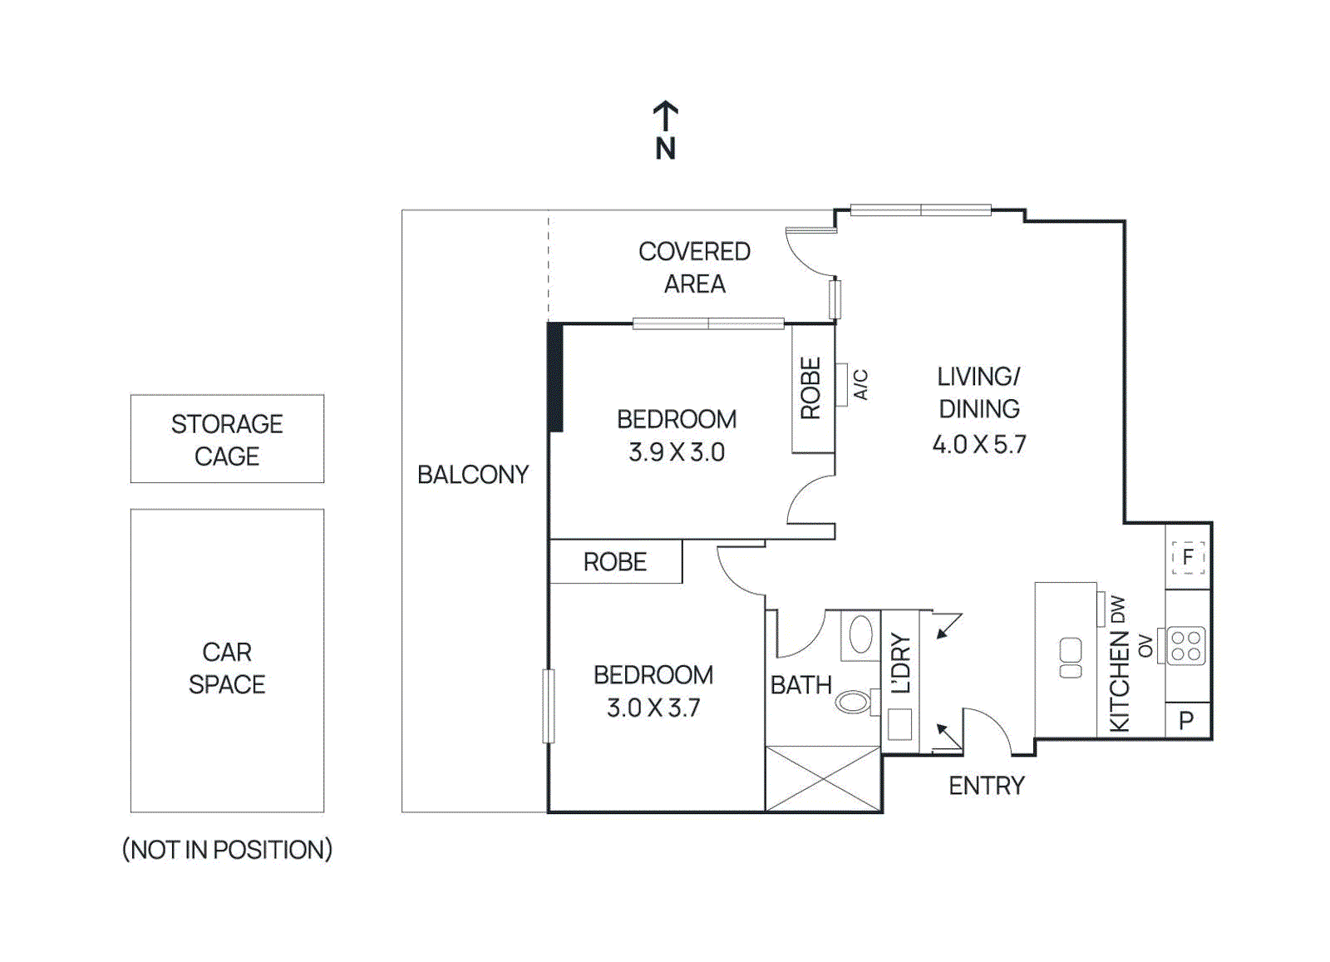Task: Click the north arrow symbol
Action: pos(665,116)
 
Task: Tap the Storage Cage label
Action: pos(227,440)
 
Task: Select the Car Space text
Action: pos(227,668)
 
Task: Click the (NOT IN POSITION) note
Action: pos(227,849)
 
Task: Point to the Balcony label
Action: pos(473,475)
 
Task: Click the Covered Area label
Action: pos(694,267)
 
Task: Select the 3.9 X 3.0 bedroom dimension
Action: pos(677,452)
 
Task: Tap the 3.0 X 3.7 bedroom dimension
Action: pos(653,708)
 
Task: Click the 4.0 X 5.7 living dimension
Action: pos(979,444)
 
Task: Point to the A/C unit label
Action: pos(861,384)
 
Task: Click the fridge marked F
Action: pos(1188,556)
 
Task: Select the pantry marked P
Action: pos(1187,720)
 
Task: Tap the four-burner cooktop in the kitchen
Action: pos(1186,646)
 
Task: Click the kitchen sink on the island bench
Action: pos(1071,658)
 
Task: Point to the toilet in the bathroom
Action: pos(855,703)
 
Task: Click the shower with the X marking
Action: pos(822,778)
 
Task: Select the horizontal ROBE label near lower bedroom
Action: pos(615,562)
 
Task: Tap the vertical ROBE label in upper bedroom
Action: pos(810,388)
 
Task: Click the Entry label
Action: pos(987,786)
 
